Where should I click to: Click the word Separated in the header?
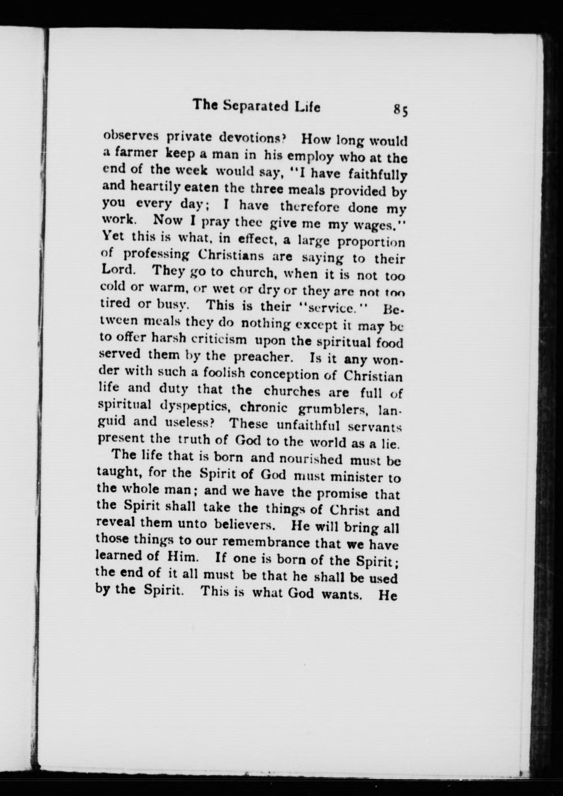(255, 106)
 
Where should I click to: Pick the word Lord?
(117, 270)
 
